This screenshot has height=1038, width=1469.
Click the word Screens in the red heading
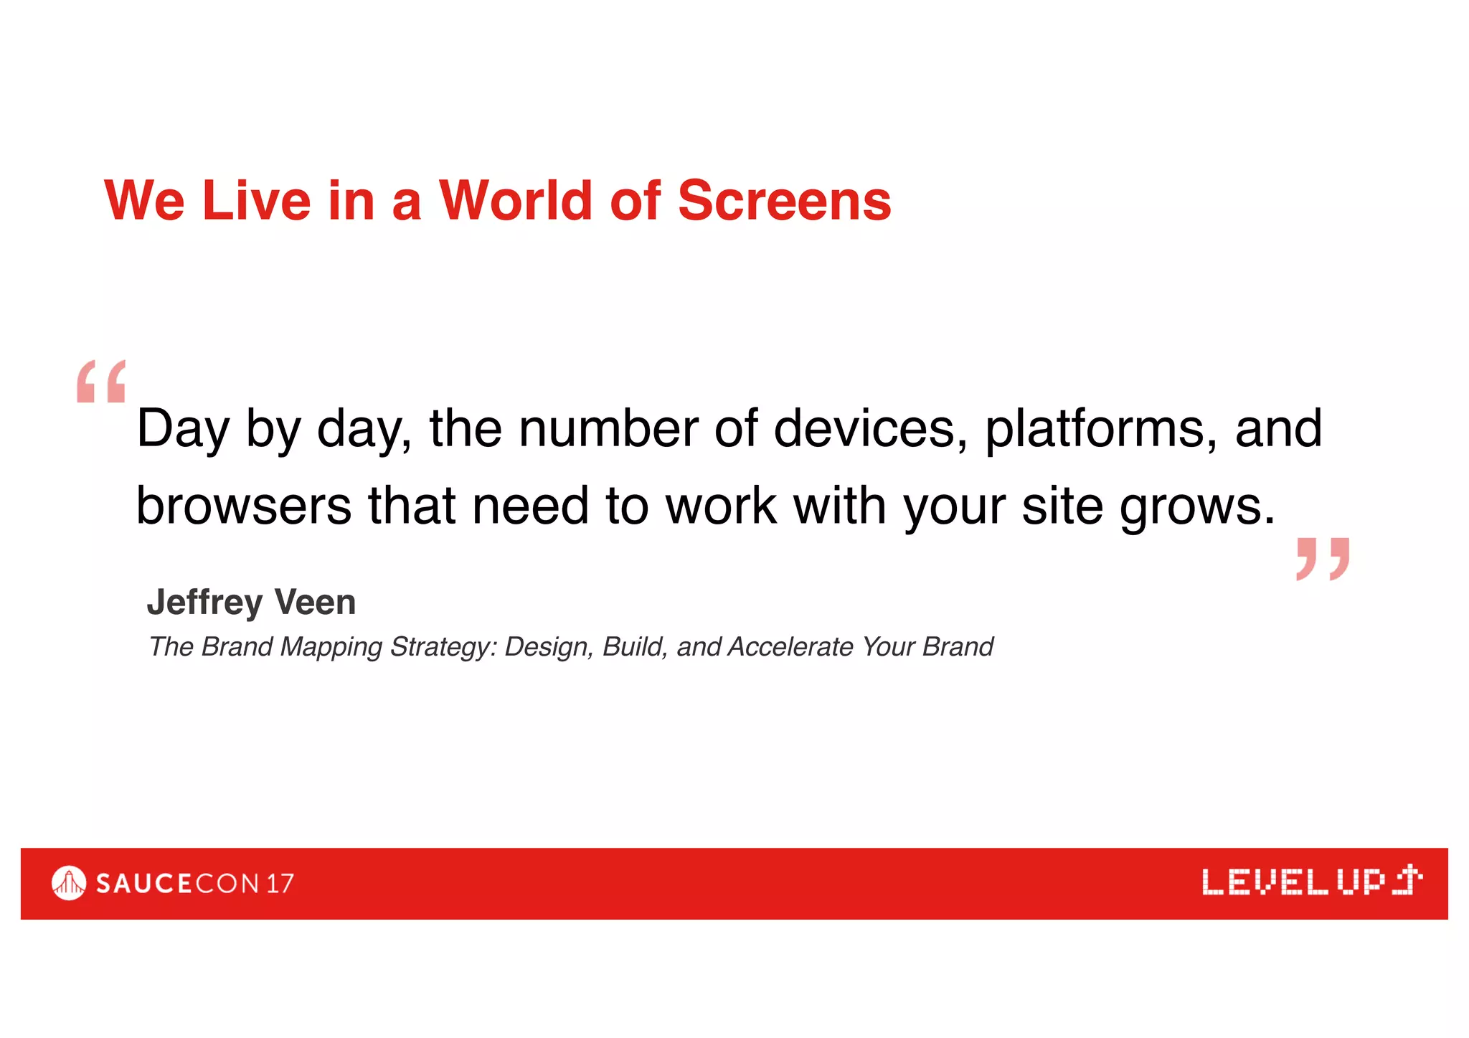(x=784, y=201)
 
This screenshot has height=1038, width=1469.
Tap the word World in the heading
(x=515, y=201)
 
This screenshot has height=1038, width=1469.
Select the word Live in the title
(x=257, y=201)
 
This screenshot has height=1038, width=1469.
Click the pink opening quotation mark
(x=101, y=382)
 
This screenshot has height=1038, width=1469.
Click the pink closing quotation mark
(x=1323, y=558)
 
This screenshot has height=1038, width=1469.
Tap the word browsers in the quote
(x=244, y=506)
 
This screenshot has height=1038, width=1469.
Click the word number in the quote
(x=608, y=429)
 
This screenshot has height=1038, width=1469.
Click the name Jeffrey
(x=204, y=603)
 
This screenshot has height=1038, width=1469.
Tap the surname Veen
(x=315, y=603)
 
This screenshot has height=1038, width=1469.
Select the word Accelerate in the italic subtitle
(x=790, y=647)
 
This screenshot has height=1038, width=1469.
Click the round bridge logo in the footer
(x=69, y=883)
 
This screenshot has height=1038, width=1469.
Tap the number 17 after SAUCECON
(x=280, y=884)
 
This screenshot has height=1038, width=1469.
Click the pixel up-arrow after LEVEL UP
(x=1407, y=880)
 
